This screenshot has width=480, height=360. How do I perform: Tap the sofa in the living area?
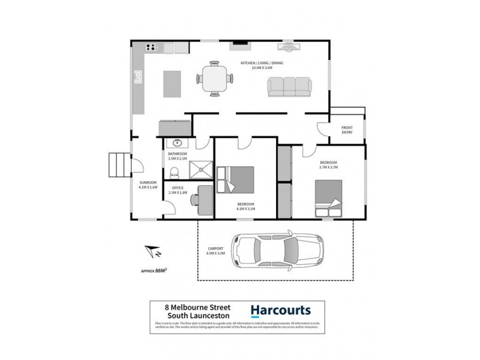(290, 88)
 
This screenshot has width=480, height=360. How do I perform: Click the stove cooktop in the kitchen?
(151, 47)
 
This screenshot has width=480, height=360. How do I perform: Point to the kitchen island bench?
(172, 84)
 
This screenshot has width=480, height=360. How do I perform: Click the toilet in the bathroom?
(174, 173)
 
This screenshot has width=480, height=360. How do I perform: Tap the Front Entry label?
(347, 130)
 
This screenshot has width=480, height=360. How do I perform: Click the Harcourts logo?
(281, 311)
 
